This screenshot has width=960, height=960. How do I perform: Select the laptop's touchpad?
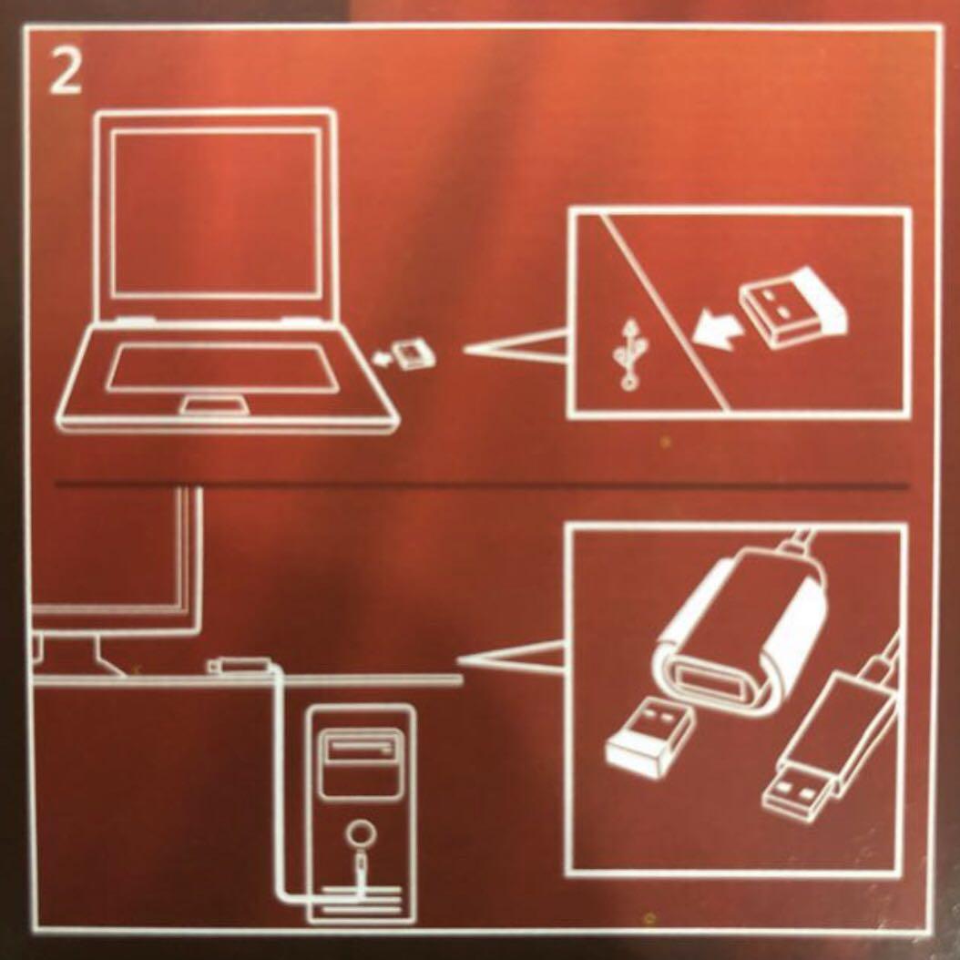click(214, 404)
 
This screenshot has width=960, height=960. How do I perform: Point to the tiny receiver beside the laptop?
click(413, 353)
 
